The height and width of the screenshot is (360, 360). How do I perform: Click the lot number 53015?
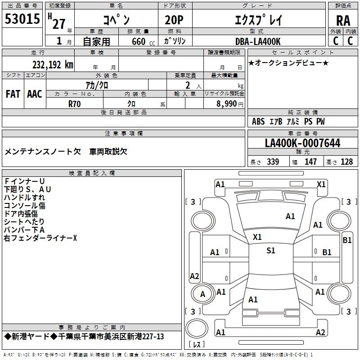(x=22, y=19)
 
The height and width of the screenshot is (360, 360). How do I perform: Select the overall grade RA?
(x=343, y=21)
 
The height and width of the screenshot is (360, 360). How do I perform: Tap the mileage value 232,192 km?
(x=53, y=65)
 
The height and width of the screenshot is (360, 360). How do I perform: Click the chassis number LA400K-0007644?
(x=302, y=143)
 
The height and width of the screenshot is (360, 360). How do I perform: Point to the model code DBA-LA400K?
(x=258, y=41)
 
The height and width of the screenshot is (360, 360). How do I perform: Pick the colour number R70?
(x=74, y=104)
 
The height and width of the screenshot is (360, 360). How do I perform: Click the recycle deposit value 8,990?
(x=227, y=103)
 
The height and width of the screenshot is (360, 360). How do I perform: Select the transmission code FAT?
(x=13, y=94)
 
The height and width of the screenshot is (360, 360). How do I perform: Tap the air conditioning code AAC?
(x=35, y=94)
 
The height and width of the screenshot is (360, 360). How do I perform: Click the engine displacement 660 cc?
(x=143, y=41)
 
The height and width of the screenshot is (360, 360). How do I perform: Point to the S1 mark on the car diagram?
(x=271, y=250)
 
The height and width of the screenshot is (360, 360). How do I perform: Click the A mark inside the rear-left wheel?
(x=202, y=294)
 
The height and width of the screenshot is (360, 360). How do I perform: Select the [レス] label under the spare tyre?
(x=197, y=344)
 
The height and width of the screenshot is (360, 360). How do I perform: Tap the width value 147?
(x=310, y=162)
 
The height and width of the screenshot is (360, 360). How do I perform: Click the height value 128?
(x=346, y=162)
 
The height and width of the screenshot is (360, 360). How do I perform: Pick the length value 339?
(x=273, y=162)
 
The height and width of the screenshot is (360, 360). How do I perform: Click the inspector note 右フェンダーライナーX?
(x=40, y=238)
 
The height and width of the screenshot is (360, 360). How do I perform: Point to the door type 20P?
(x=174, y=20)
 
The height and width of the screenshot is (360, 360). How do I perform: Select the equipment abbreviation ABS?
(x=258, y=121)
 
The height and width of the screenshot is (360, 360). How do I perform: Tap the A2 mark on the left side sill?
(x=194, y=276)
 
